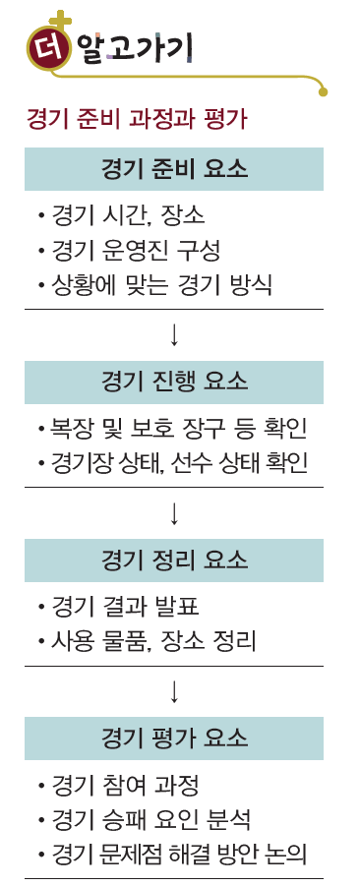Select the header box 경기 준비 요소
174,169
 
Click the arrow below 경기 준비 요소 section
174,334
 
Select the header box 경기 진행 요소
174,381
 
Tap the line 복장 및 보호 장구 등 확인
170,429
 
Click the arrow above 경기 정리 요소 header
174,512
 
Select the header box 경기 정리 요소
174,560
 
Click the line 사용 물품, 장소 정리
146,643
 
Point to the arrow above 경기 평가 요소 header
174,690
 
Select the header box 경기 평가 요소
174,737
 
